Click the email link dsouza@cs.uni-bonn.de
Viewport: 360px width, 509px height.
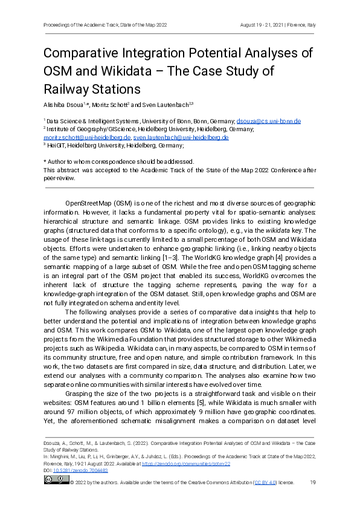(x=269, y=121)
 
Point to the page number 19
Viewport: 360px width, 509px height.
(x=313, y=482)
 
